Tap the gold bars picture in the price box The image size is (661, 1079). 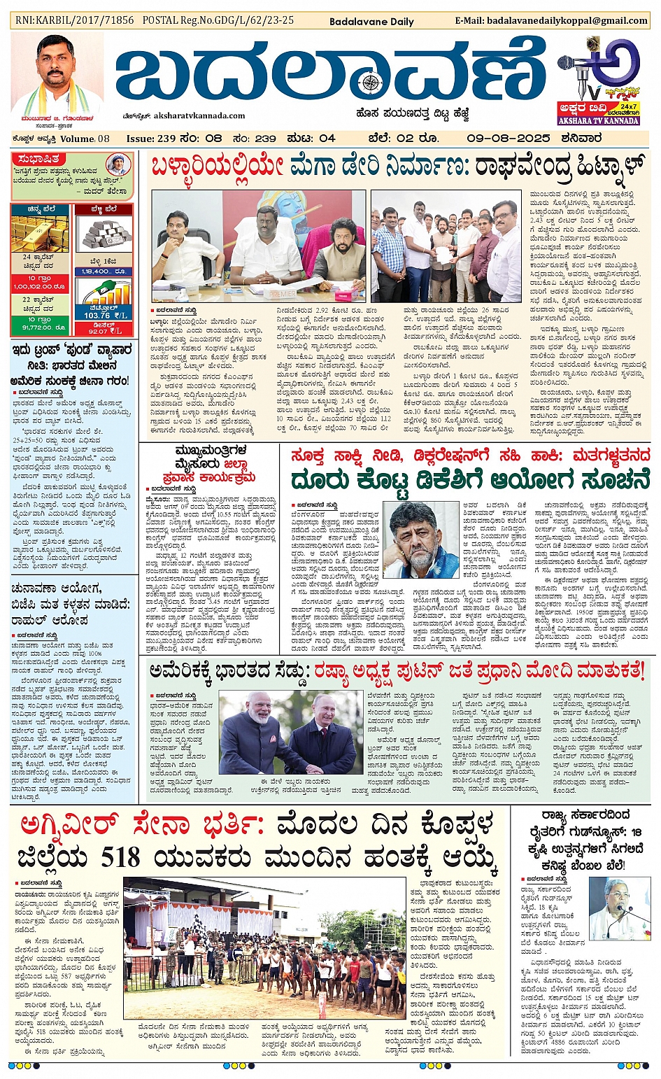[40, 234]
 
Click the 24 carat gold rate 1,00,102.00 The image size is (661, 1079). [40, 286]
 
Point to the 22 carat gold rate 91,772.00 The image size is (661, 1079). [40, 327]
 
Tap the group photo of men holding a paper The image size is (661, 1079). [446, 246]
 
